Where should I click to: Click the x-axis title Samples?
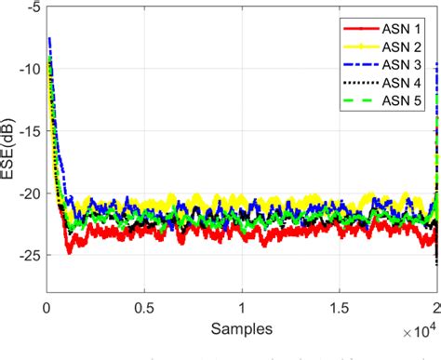pos(242,327)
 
